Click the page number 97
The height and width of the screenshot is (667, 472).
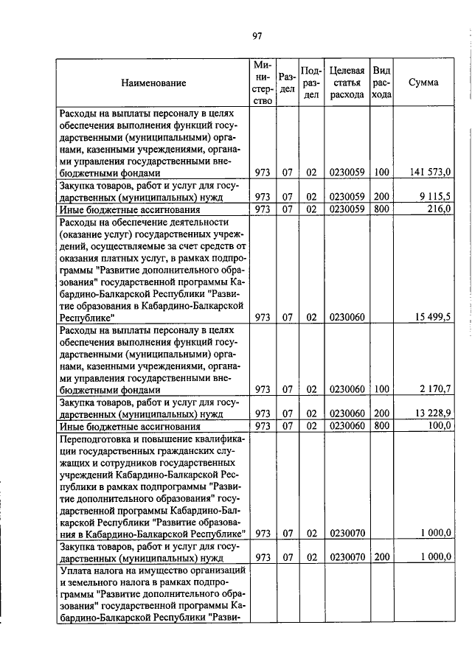pos(257,36)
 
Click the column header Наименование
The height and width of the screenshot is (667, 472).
pos(154,83)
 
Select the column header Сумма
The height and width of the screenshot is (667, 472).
pos(423,83)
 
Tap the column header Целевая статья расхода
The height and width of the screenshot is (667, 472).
pos(347,83)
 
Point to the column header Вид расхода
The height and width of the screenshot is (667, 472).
pos(381,83)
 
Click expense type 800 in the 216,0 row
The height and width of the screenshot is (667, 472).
pos(381,209)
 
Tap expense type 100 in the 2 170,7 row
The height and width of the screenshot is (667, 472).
pos(381,389)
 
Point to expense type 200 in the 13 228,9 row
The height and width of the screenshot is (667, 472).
pos(381,413)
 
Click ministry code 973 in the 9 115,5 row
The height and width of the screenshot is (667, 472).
pos(262,197)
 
